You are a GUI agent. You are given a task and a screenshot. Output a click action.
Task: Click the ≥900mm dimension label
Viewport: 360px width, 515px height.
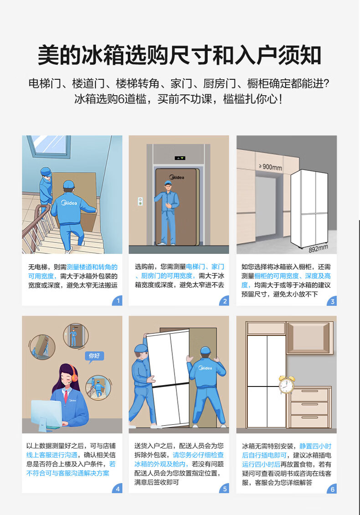click(270, 167)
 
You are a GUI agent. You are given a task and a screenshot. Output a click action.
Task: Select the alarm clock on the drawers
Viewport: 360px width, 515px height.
click(287, 385)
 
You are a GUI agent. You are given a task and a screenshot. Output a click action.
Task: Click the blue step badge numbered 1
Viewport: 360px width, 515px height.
click(118, 301)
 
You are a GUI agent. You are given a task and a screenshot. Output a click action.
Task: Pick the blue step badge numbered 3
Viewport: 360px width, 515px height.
click(332, 301)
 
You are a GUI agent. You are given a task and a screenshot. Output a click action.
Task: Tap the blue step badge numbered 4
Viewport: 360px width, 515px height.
click(117, 489)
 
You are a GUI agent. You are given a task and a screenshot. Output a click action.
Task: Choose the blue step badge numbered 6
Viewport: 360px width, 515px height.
click(332, 489)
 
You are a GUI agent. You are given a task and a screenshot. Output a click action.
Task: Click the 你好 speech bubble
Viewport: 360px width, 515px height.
click(94, 356)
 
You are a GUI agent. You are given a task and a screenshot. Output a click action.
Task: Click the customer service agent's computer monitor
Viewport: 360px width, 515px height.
click(46, 412)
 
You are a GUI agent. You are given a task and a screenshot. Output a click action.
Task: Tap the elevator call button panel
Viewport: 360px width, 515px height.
click(140, 201)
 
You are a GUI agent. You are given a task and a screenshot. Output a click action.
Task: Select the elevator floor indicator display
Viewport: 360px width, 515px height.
click(180, 158)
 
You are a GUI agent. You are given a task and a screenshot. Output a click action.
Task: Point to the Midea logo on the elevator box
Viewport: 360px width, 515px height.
click(177, 177)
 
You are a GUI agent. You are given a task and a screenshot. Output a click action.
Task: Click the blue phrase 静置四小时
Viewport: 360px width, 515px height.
click(315, 446)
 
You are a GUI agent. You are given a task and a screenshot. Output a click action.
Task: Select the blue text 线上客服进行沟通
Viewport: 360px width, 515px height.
click(52, 455)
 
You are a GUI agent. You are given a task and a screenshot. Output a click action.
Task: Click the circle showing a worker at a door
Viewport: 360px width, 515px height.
click(75, 335)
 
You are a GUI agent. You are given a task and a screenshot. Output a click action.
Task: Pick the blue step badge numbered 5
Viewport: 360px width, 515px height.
click(224, 489)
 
